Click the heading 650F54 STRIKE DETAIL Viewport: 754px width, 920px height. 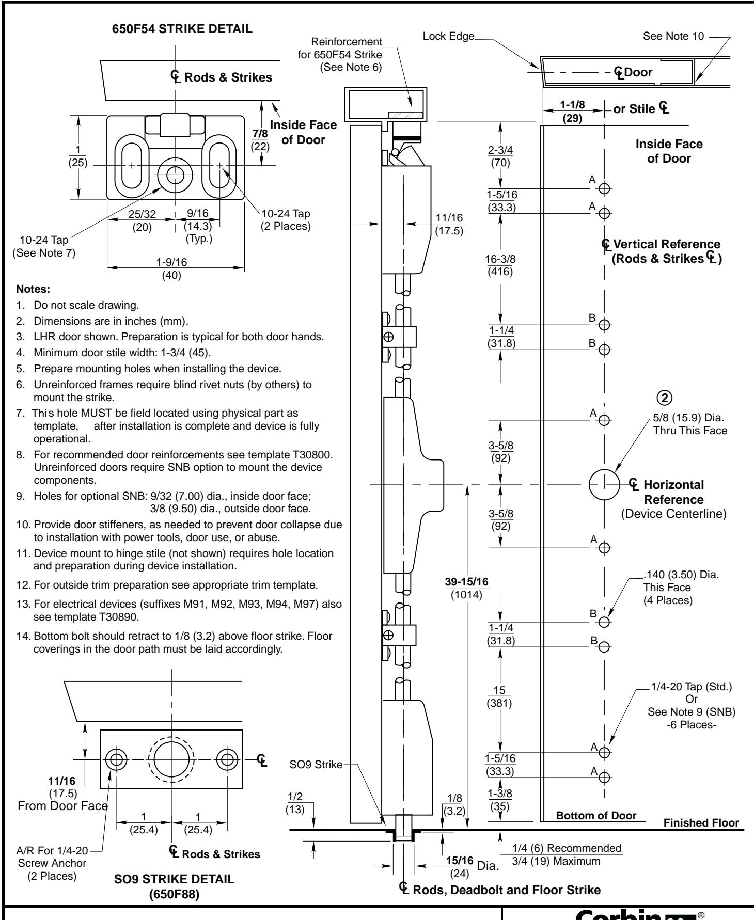[x=176, y=29]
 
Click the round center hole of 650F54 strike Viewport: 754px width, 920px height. [x=174, y=173]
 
